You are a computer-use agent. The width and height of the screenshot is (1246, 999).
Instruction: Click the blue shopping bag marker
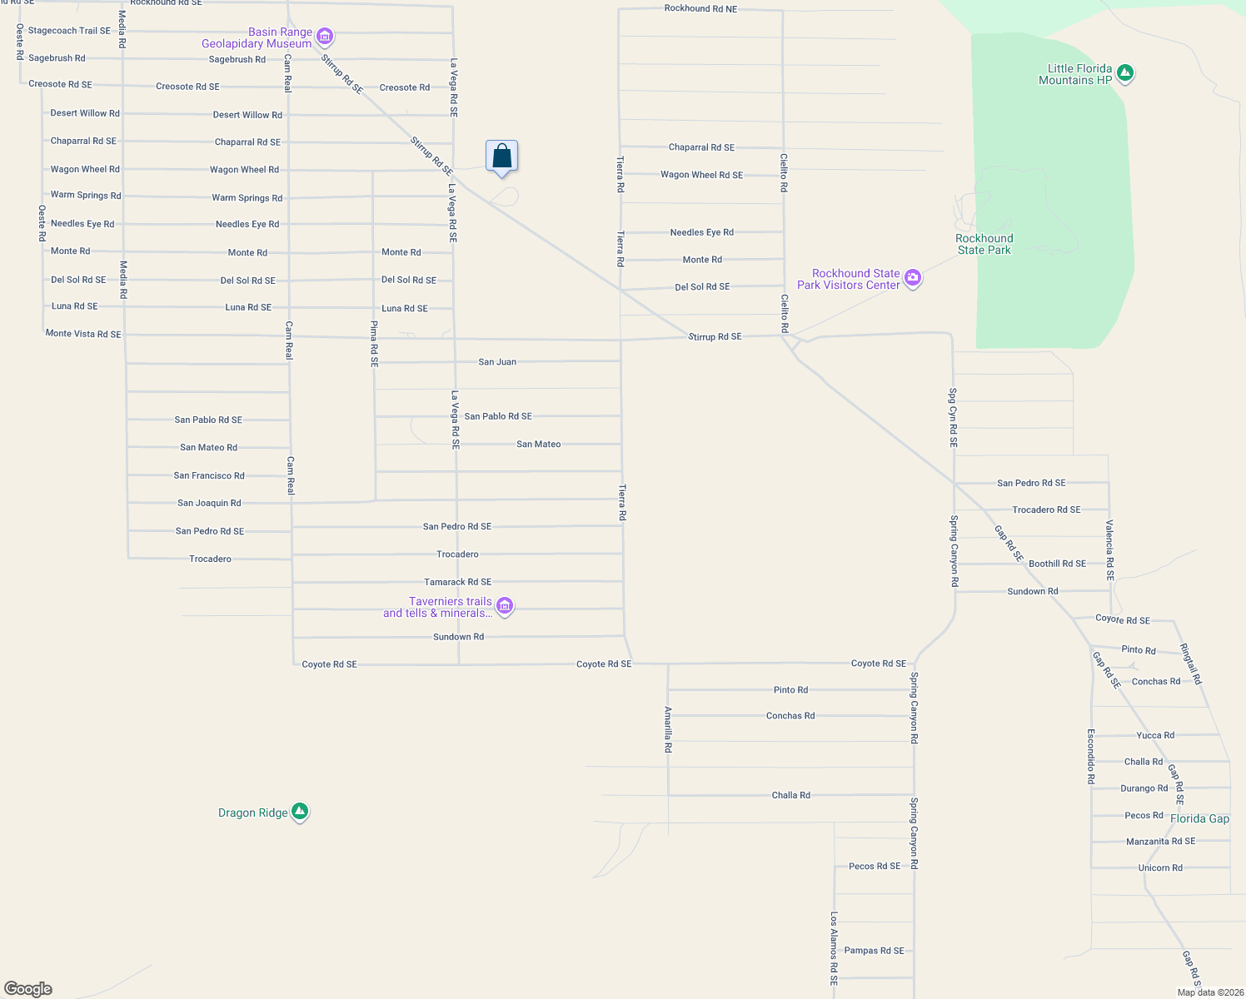point(501,157)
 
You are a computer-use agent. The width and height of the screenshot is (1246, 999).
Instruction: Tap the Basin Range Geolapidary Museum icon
point(325,37)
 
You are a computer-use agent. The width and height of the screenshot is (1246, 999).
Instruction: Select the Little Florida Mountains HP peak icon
point(1125,74)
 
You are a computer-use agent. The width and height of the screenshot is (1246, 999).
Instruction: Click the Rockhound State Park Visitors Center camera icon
point(913,279)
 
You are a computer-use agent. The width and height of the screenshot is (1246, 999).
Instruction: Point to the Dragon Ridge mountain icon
point(300,812)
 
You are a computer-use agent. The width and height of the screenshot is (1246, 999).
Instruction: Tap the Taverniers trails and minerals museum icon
point(504,607)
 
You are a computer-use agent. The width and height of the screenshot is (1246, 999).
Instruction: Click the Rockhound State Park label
point(984,244)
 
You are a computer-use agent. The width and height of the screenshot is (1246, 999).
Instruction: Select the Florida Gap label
point(1199,818)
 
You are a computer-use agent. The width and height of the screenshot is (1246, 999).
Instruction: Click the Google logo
point(28,988)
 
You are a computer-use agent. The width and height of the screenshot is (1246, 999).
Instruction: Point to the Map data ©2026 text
point(1209,992)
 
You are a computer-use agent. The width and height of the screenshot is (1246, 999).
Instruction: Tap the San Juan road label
point(497,362)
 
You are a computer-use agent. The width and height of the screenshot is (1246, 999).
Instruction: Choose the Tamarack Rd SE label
point(457,582)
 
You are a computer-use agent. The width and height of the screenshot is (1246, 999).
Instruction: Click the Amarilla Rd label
point(668,730)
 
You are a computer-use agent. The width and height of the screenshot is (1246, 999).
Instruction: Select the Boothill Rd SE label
point(1057,564)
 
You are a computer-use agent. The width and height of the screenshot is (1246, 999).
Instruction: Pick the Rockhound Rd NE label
point(700,8)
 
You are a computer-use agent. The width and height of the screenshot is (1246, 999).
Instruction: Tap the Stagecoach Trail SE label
point(69,31)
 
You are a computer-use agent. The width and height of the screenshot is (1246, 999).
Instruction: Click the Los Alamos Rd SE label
point(834,948)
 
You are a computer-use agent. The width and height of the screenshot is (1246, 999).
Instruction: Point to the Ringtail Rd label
point(1191,664)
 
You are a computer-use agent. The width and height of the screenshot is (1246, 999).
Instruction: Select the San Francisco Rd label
point(209,475)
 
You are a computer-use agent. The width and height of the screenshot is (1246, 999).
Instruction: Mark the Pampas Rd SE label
point(874,951)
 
